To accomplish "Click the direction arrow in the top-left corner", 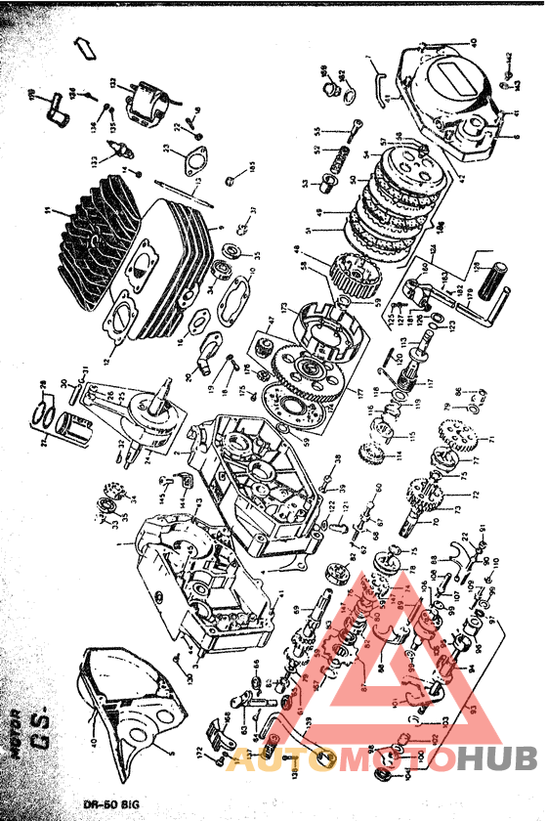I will (85, 47).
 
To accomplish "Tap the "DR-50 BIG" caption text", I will (110, 803).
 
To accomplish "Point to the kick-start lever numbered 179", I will (481, 293).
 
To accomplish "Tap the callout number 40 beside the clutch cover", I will (473, 41).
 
